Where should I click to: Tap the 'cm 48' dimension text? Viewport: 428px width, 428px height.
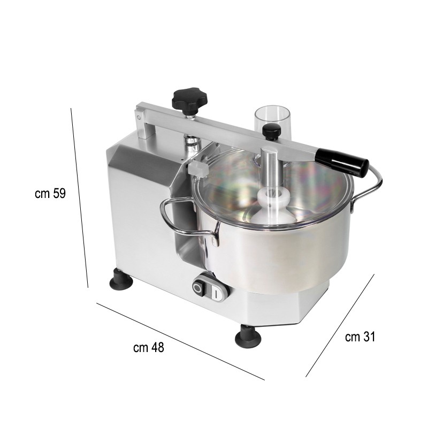coord(148,348)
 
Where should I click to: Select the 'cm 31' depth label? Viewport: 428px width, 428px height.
coord(360,337)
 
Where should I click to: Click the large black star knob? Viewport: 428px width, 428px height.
coord(188,100)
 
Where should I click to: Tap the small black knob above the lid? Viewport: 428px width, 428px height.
coord(271,131)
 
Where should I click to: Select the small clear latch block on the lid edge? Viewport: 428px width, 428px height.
coord(197,169)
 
